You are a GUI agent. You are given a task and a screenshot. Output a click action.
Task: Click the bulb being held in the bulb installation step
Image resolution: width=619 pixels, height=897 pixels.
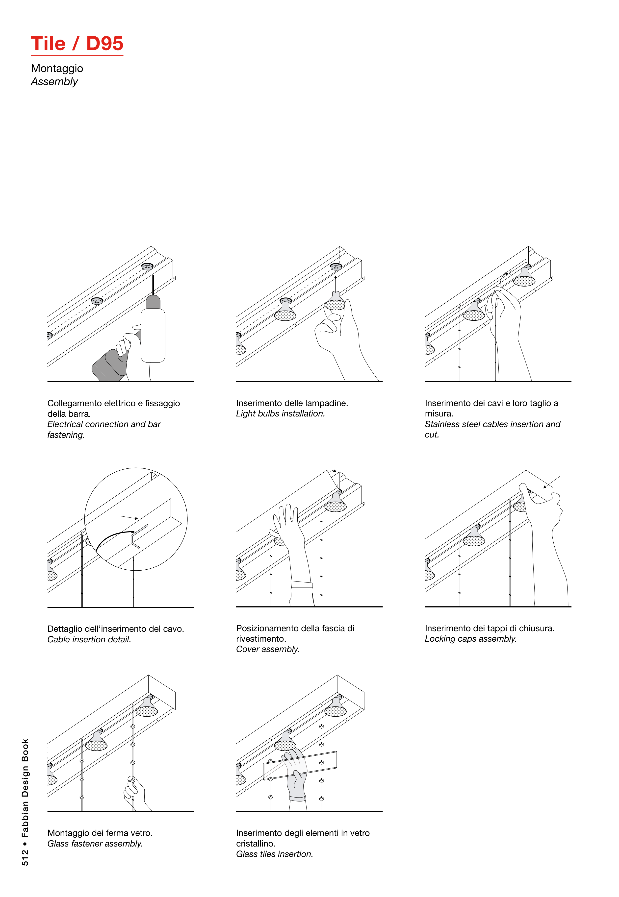coord(335,302)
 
